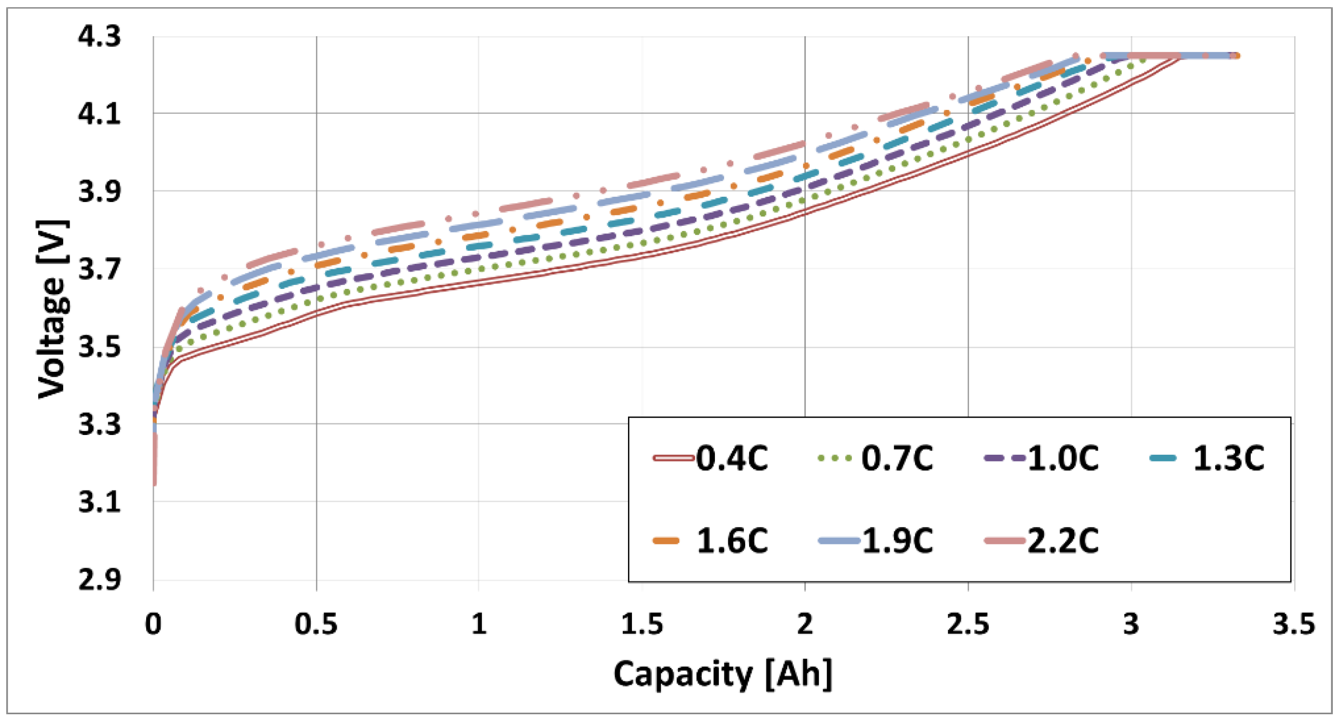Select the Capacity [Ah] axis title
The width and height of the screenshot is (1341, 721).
[x=723, y=674]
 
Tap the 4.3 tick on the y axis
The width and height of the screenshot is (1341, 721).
[x=99, y=37]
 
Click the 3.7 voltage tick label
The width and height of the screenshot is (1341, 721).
[x=99, y=270]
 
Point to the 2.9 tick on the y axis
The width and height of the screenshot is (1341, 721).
[x=99, y=580]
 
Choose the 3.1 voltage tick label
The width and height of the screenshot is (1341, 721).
[x=99, y=503]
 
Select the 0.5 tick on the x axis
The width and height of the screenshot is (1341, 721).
[x=316, y=624]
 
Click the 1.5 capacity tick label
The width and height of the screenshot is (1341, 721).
[x=642, y=624]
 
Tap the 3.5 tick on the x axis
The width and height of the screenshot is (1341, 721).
[x=1294, y=624]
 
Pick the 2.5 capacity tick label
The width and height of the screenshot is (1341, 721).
[x=968, y=624]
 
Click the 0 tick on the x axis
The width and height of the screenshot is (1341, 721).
[x=153, y=624]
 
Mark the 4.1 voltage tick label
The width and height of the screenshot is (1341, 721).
[x=99, y=114]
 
